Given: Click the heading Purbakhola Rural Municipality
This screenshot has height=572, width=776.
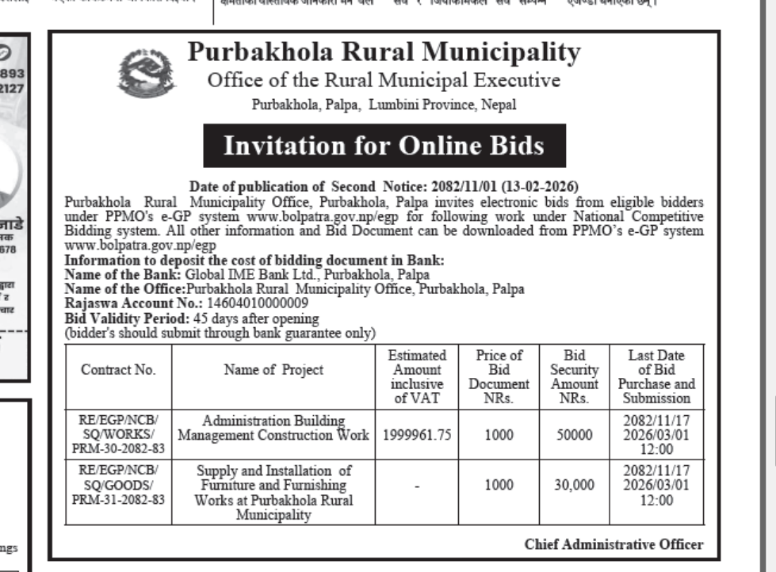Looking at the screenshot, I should click(x=384, y=54).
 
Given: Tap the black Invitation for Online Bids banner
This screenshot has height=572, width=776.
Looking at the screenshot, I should click(x=384, y=147).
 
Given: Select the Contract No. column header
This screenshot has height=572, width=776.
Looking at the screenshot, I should click(x=119, y=370).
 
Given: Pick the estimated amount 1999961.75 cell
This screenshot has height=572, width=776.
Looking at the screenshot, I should click(x=416, y=435).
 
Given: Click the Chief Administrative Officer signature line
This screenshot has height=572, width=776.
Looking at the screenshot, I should click(x=614, y=544).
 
